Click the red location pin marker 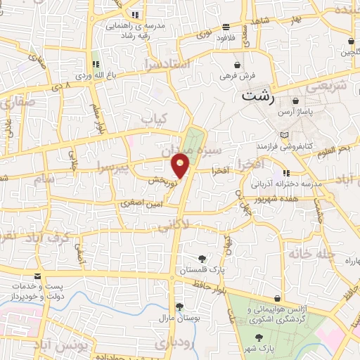[181, 165]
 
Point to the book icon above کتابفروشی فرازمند [284, 134]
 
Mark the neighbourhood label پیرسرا [113, 168]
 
